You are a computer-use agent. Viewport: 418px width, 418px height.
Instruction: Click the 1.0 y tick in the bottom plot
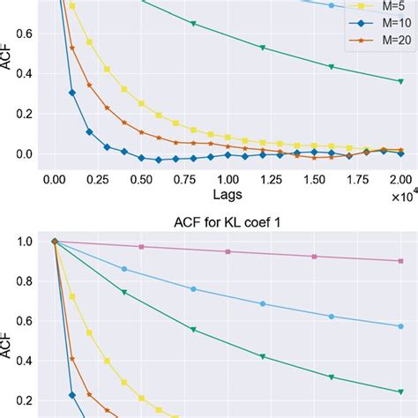click(x=25, y=241)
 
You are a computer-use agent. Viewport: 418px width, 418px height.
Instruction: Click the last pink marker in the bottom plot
click(x=400, y=260)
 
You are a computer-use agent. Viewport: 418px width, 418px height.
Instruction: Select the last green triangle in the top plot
click(x=400, y=81)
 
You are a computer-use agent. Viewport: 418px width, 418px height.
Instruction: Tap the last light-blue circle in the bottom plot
click(x=400, y=325)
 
